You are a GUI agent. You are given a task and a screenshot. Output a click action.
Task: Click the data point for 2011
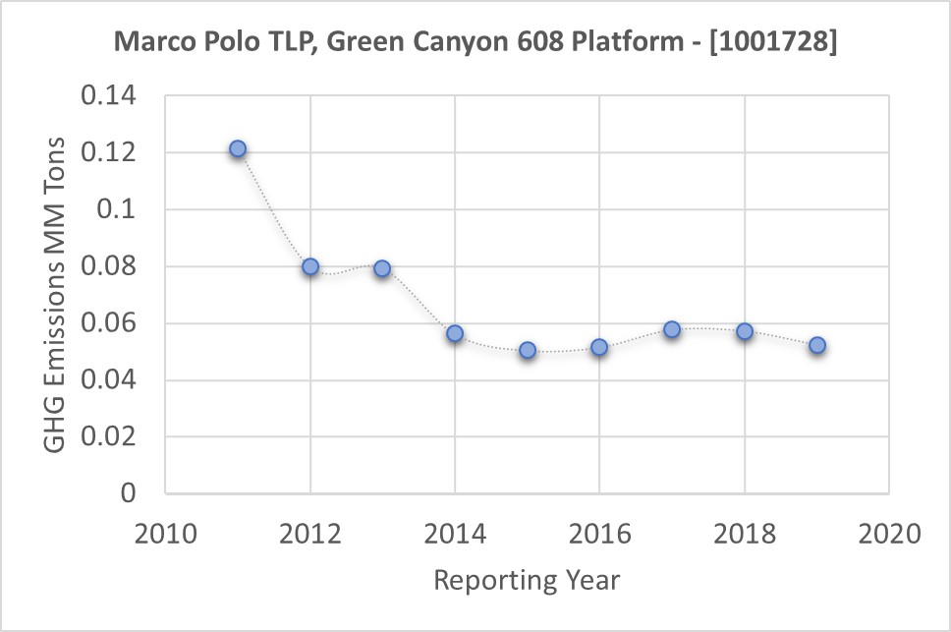tap(238, 149)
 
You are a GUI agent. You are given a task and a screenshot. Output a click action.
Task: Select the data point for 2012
tap(310, 266)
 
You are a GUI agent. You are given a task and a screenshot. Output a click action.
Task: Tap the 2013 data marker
tap(382, 268)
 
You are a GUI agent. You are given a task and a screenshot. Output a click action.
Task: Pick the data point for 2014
tap(455, 334)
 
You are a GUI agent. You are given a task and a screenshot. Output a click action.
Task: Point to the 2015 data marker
tap(528, 350)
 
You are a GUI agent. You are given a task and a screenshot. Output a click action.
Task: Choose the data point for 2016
tap(599, 347)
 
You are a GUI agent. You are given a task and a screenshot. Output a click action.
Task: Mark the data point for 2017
tap(672, 329)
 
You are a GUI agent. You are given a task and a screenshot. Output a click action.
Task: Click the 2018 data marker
tap(745, 331)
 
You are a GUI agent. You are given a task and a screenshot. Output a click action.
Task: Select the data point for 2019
tap(816, 345)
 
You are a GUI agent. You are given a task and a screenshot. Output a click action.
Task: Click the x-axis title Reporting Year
tap(528, 580)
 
